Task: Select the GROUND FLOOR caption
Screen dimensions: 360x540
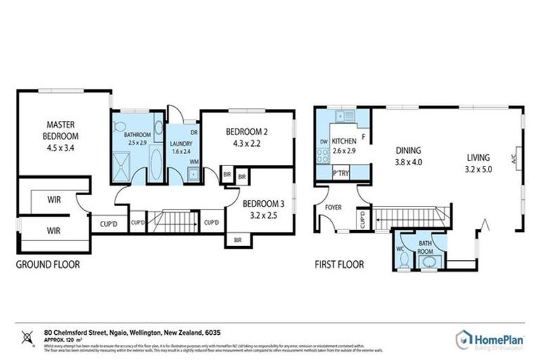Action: pyautogui.click(x=48, y=265)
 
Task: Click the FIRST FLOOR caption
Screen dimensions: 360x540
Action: pyautogui.click(x=340, y=265)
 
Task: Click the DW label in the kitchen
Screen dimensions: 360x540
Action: pyautogui.click(x=323, y=141)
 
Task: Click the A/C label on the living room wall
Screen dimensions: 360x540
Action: pyautogui.click(x=517, y=158)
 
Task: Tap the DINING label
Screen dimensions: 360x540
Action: pyautogui.click(x=409, y=150)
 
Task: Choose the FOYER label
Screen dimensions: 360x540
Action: pyautogui.click(x=333, y=207)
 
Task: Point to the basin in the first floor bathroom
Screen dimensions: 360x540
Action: pyautogui.click(x=427, y=262)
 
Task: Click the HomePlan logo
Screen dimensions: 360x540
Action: pyautogui.click(x=489, y=339)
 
